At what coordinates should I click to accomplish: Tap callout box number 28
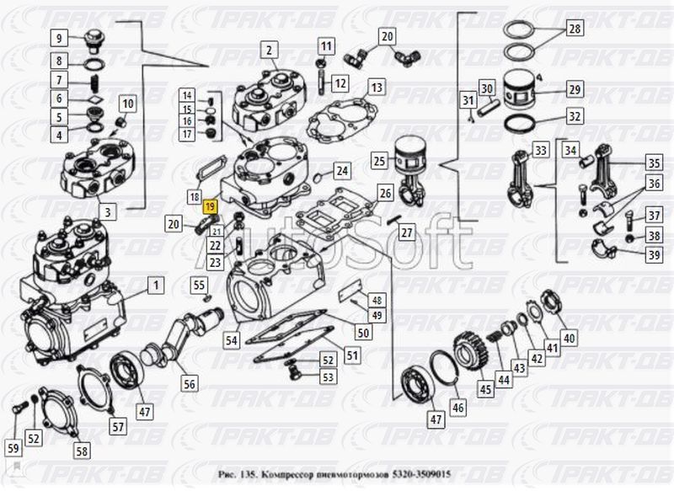tap(574, 30)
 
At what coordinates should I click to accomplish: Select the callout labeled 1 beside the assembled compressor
tap(154, 287)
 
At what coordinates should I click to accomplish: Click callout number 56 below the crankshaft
tap(189, 384)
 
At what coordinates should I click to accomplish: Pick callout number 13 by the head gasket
tap(376, 87)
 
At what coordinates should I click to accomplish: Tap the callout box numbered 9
tap(60, 38)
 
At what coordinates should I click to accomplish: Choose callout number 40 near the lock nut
tap(570, 339)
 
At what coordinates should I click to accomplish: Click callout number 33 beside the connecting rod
tap(540, 151)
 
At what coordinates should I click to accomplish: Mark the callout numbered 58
tap(82, 451)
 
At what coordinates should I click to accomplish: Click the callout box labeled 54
tap(230, 341)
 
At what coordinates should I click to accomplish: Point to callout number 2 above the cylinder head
tap(269, 51)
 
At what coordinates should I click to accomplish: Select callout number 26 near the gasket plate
tap(385, 194)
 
